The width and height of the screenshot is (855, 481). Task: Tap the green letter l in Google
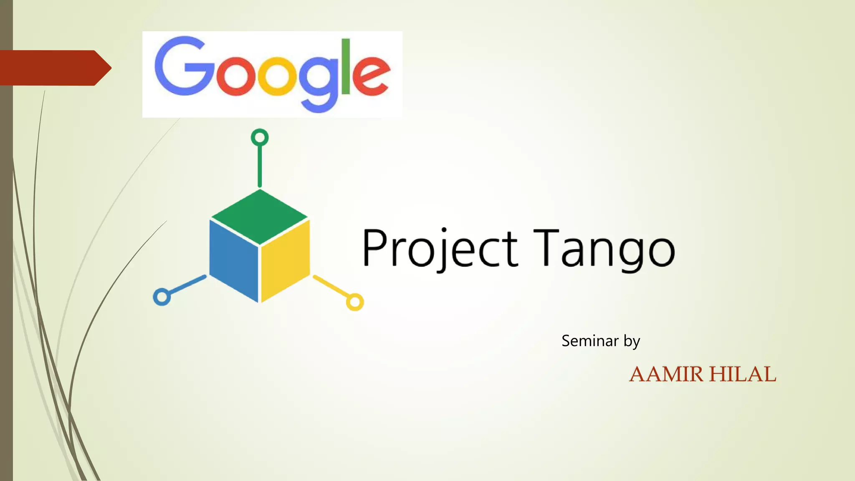click(x=346, y=67)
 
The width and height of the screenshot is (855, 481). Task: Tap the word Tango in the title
click(x=604, y=248)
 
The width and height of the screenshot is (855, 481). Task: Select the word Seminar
click(x=589, y=341)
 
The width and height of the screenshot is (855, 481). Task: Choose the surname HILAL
click(x=743, y=374)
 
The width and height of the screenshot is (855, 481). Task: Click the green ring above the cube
click(x=260, y=137)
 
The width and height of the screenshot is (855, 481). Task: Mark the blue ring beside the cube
click(x=162, y=297)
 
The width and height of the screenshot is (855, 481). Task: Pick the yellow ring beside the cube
click(x=355, y=302)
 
